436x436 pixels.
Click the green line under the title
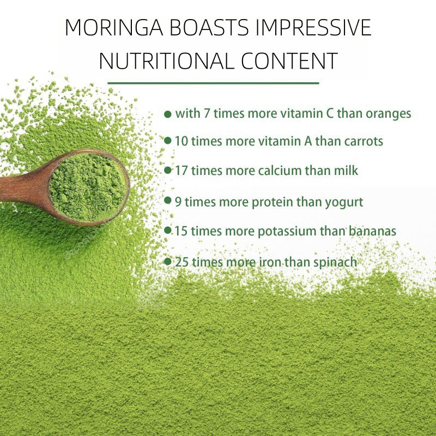(x=213, y=83)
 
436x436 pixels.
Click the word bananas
(x=373, y=231)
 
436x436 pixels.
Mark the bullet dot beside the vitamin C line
(x=168, y=114)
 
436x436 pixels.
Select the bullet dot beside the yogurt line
(x=168, y=201)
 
